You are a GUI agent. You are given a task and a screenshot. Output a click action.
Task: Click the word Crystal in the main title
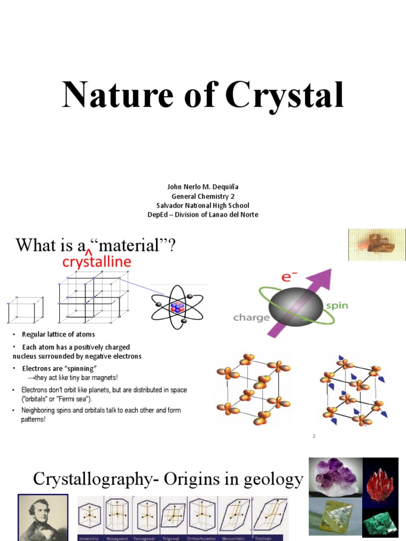click(284, 96)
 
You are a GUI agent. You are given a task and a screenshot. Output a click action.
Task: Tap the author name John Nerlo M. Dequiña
click(202, 187)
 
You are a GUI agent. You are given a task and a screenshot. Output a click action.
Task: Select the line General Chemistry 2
click(202, 196)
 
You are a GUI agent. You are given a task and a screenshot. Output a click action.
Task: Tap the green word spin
click(336, 306)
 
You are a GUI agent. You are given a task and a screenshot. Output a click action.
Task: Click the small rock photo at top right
click(376, 245)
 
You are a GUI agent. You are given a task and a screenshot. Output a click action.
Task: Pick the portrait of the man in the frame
click(43, 517)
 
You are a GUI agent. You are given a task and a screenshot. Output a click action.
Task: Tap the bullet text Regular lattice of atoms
click(58, 334)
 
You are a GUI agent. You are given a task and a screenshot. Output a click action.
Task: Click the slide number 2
click(313, 436)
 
